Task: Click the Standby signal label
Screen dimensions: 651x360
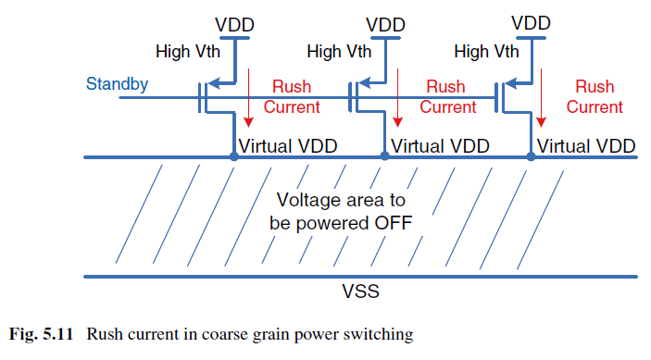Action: coord(117,84)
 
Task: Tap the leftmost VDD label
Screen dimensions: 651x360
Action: coord(234,25)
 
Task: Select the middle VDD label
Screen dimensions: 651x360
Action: coord(385,25)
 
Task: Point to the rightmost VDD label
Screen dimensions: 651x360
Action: coord(531,23)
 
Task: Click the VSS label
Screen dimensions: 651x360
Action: coord(360,292)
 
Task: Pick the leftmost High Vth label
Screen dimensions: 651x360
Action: coord(188,52)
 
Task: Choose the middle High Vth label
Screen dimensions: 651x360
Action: coord(339,52)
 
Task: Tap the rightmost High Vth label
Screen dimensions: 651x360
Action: coord(486,52)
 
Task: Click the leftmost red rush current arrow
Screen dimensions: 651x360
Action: coord(248,98)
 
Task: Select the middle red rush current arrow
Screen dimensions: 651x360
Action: coord(398,98)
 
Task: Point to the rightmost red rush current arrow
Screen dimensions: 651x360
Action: coord(541,98)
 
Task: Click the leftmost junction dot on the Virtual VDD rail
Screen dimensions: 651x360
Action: coord(234,156)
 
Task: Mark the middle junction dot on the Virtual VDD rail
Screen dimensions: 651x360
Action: coord(385,156)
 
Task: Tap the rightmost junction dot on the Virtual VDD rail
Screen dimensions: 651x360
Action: coord(531,156)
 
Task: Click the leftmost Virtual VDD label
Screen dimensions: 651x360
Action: coord(288,146)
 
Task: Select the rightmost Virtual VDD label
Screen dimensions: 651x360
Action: coord(586,146)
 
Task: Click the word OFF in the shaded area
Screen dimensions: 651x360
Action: coord(394,223)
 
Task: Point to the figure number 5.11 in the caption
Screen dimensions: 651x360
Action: coord(57,334)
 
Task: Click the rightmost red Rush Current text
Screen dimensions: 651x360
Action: coord(595,96)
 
